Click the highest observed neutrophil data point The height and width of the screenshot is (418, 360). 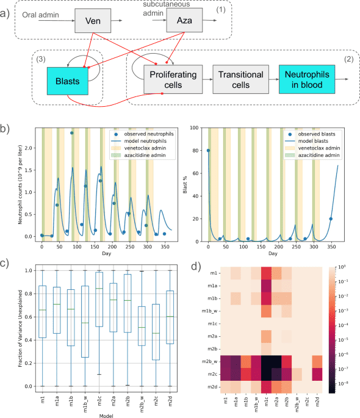(54, 133)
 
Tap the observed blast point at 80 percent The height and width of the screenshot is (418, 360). (208, 151)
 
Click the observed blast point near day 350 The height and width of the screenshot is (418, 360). (331, 218)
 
